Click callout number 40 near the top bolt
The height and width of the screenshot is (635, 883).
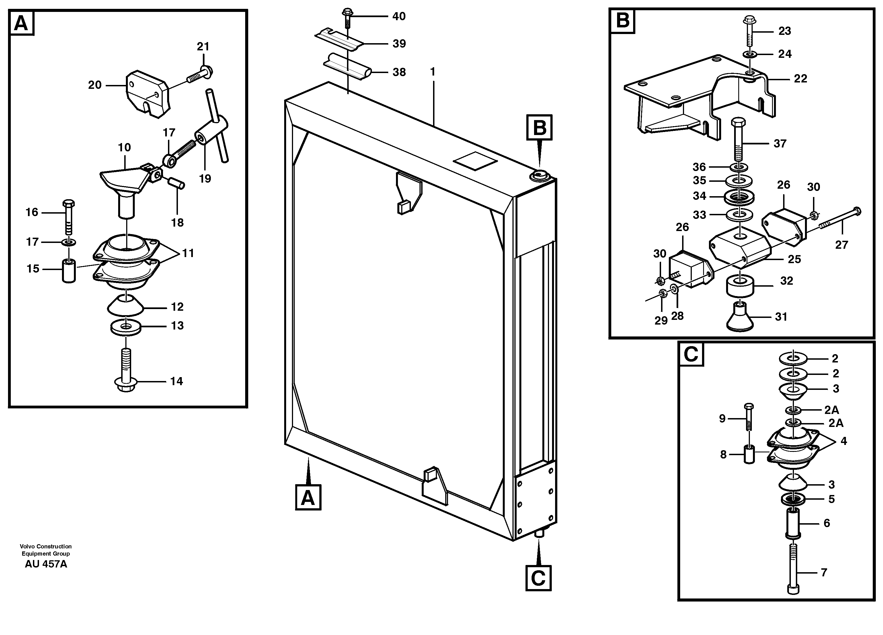399,16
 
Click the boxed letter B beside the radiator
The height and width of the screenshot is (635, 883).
539,127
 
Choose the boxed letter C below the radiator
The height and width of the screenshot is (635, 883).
538,578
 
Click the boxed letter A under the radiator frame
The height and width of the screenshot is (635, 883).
308,497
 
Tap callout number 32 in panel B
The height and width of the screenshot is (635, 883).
787,281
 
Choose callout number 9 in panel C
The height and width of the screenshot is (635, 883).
722,419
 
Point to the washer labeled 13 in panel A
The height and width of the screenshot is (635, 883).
126,326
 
